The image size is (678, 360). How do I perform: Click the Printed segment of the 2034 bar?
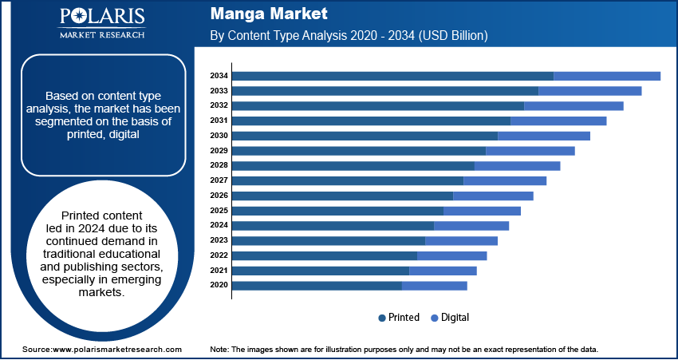392,76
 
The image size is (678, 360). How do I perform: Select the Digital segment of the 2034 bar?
607,76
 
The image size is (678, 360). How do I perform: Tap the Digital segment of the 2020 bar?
435,285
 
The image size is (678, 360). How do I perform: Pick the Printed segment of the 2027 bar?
348,180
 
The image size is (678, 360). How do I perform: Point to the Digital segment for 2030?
544,136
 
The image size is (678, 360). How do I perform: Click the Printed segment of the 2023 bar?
329,240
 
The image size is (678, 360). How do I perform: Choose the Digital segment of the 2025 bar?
482,211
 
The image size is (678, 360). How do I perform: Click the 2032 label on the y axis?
219,105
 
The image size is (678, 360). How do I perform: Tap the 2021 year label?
219,271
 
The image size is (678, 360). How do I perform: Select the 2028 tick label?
219,165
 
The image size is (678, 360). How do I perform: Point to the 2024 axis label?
219,225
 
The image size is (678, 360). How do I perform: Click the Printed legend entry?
399,318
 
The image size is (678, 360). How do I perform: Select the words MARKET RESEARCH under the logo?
101,35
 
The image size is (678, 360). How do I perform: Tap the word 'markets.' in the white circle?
101,293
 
